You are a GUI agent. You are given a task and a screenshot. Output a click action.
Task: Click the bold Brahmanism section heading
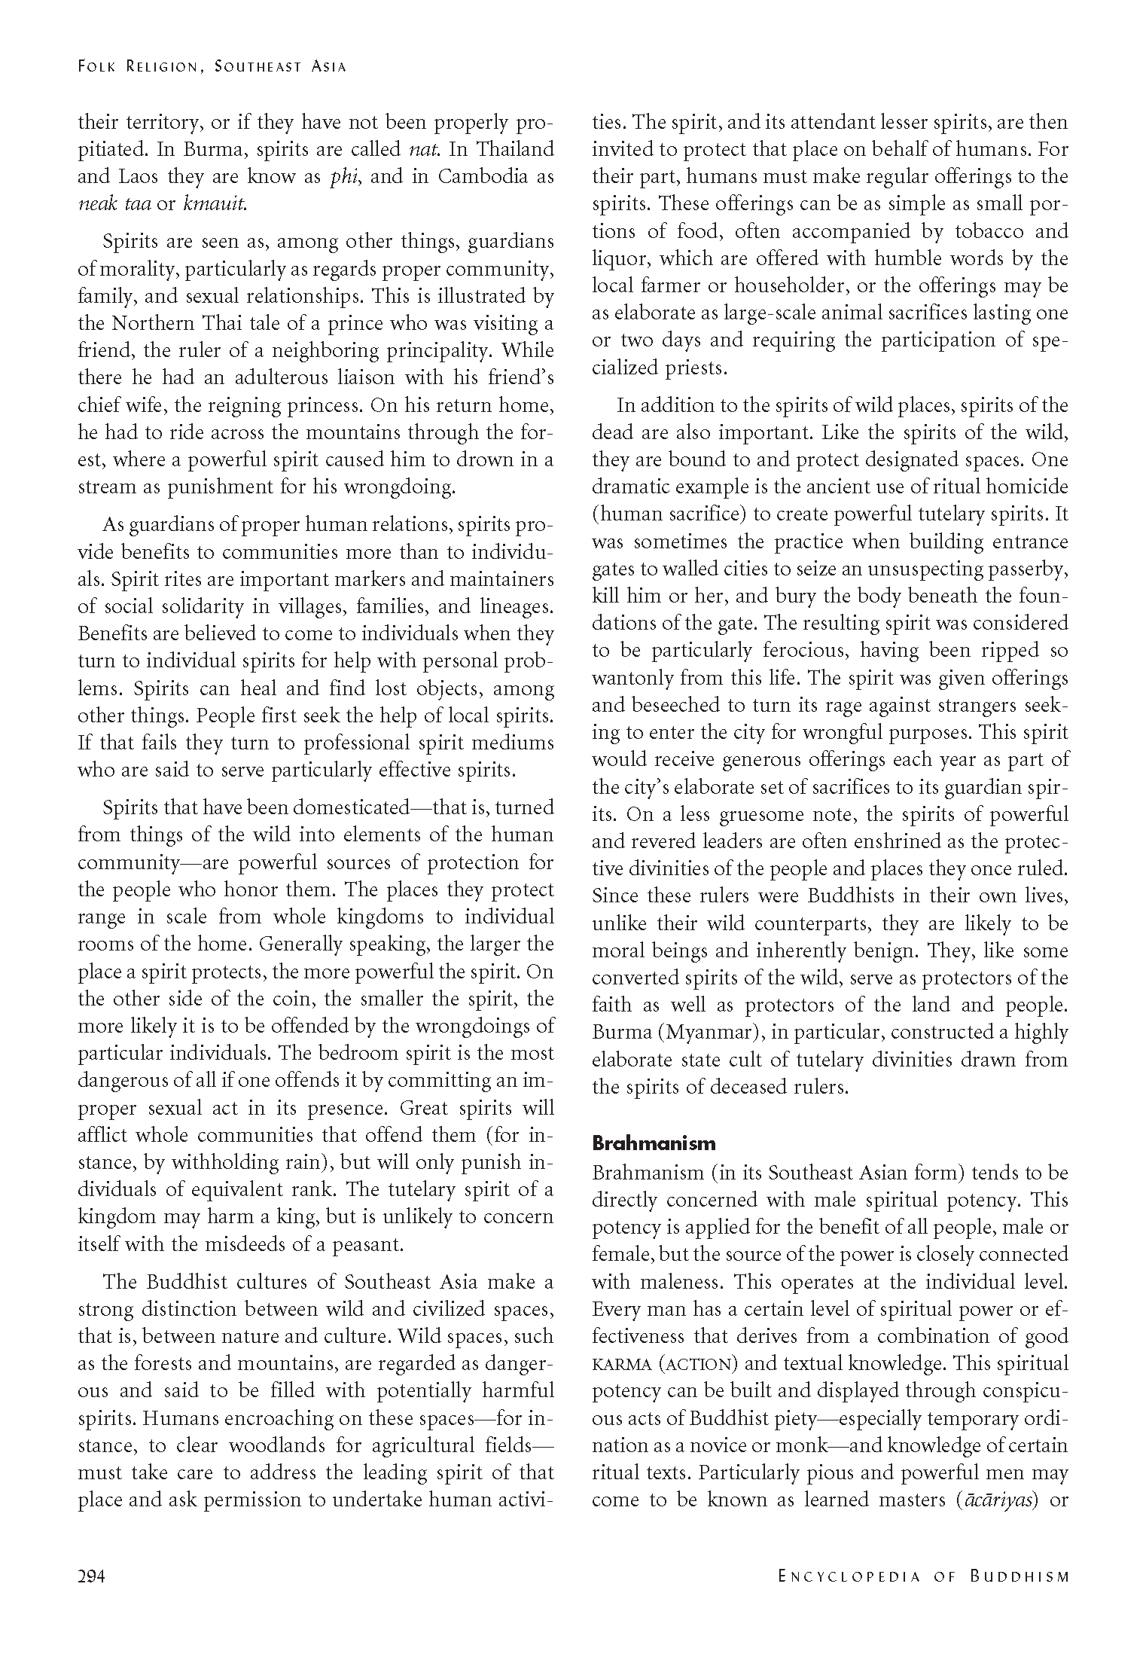pos(654,1143)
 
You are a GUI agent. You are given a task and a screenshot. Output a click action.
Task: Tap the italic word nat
pos(425,149)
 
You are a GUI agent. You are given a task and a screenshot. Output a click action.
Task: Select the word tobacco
pos(983,231)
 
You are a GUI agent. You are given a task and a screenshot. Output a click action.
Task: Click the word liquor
pos(617,259)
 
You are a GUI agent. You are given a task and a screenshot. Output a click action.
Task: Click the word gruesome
pos(738,815)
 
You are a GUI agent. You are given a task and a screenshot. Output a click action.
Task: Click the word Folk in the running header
pos(97,67)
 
